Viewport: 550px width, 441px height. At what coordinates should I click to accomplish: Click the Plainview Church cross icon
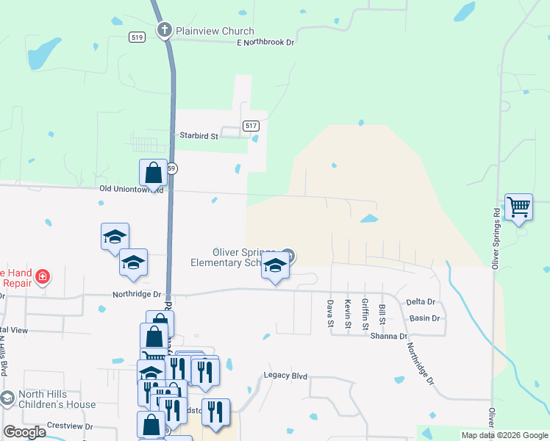165,31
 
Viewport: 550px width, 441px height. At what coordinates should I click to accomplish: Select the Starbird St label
199,136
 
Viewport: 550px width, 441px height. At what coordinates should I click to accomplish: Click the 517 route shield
251,126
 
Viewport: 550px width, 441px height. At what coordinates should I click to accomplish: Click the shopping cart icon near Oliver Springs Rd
518,207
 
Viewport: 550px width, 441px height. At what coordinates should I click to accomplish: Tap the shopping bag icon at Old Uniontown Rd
153,174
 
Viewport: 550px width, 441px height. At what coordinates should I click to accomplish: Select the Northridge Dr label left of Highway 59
137,294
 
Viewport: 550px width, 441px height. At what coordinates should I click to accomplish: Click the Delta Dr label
421,302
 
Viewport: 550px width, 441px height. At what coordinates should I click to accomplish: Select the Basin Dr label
425,318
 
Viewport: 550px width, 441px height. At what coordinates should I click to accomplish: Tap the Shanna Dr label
389,336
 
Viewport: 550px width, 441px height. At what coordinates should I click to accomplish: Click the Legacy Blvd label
285,376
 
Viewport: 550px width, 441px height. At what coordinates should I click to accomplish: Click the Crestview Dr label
70,426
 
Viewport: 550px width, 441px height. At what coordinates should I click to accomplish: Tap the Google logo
24,431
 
